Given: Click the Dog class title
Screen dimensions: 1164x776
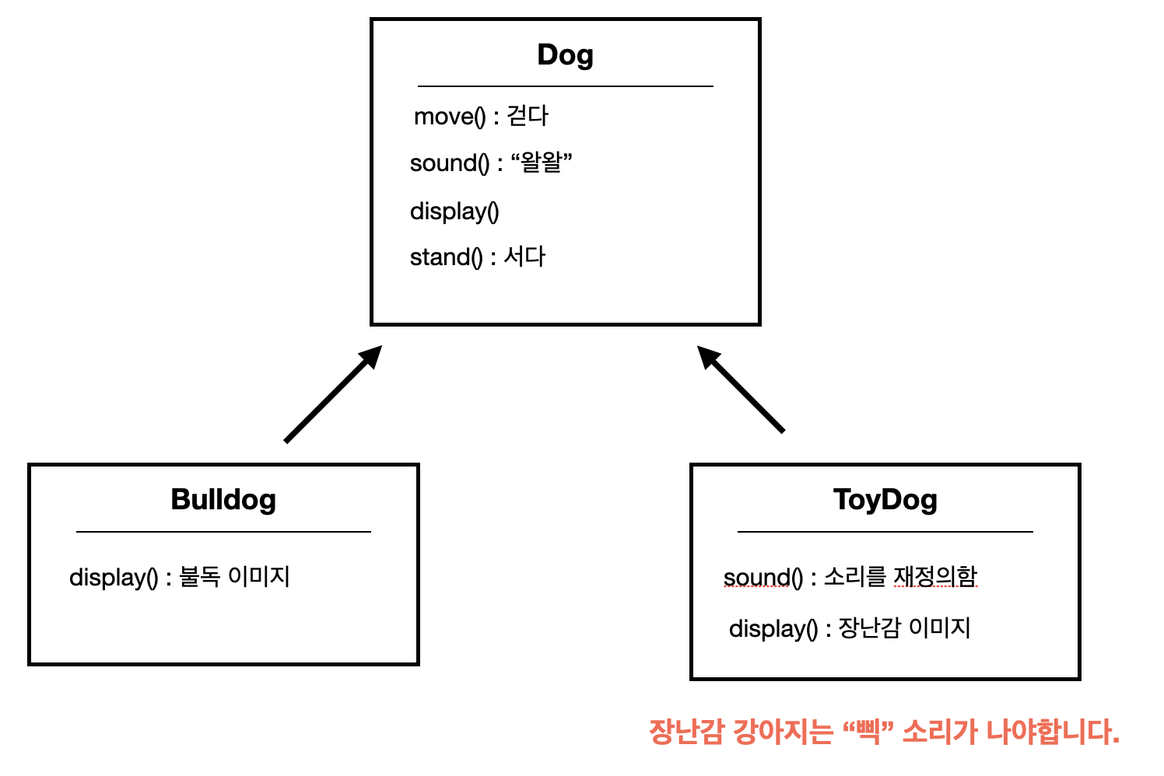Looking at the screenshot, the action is pos(565,55).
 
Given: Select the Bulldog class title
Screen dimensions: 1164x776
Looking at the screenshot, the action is pos(223,499).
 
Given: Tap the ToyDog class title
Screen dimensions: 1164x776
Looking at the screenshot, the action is pos(885,499).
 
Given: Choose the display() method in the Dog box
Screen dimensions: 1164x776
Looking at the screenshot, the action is pos(454,211).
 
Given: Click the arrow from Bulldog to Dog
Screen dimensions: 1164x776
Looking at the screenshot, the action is pos(333,394).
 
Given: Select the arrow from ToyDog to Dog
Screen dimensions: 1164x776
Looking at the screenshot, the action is pos(741,389).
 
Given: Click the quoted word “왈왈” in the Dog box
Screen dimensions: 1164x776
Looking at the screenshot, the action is pos(541,163).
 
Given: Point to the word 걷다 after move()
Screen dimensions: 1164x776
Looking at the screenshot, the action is pos(528,116).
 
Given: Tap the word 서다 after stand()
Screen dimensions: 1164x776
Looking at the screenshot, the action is pos(524,256).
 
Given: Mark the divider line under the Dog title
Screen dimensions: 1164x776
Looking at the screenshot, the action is pos(565,86).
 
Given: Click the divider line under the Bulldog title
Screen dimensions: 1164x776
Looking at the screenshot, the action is pos(223,532).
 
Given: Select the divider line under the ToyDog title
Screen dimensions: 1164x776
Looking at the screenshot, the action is pos(885,532).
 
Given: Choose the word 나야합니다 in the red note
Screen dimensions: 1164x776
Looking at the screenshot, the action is pos(1052,732).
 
